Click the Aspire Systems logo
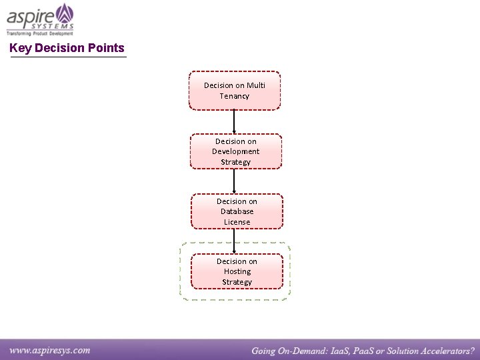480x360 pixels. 40,16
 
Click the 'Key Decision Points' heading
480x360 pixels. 67,48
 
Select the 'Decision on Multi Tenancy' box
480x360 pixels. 235,90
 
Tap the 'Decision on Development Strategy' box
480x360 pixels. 235,151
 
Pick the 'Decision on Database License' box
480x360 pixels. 237,211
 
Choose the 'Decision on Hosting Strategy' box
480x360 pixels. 237,271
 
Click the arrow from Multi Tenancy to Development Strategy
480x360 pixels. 234,121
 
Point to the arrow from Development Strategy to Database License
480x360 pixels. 234,181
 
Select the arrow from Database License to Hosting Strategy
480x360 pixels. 234,241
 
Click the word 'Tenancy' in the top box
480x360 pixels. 235,96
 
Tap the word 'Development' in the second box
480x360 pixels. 236,151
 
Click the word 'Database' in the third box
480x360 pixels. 237,211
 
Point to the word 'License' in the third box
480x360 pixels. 237,222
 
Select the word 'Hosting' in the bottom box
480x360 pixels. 237,271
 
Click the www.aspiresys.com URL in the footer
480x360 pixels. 50,349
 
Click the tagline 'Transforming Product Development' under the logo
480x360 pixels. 40,33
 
